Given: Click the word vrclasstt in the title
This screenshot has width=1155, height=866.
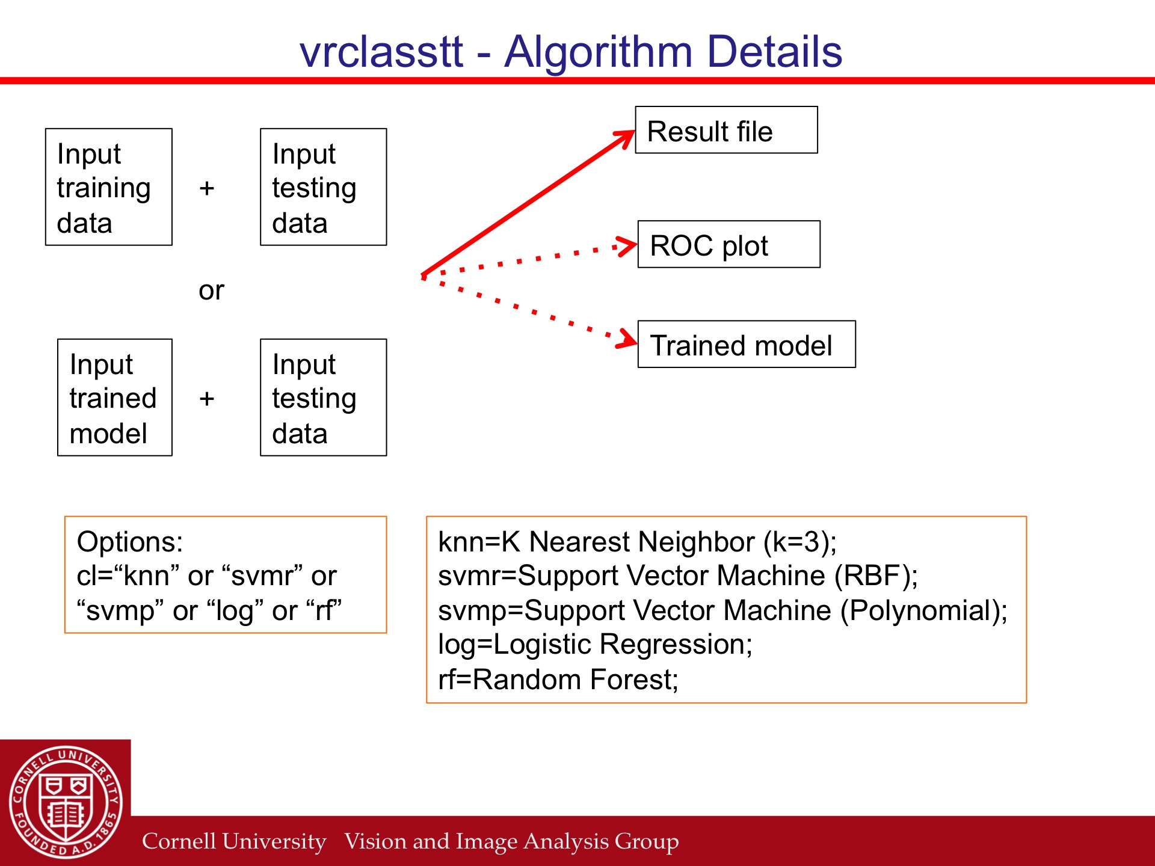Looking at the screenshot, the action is pos(381,52).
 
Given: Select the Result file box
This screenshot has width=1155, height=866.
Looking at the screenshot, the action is pos(726,130).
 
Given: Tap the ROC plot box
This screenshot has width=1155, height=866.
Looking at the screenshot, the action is pos(728,244).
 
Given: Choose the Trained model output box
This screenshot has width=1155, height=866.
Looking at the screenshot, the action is pos(747,344).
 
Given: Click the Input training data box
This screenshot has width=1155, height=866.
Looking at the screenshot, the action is pos(109,187).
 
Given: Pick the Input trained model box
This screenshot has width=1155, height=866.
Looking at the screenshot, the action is pos(115,398).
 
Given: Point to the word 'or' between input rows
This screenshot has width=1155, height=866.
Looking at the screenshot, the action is pos(211,291).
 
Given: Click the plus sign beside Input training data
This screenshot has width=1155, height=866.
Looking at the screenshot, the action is pos(207,188).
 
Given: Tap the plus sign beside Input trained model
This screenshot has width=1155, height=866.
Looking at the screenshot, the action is pos(207,399).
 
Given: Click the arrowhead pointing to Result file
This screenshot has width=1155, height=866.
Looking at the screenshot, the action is pos(626,137).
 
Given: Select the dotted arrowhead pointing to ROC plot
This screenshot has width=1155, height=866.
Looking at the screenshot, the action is pos(627,245).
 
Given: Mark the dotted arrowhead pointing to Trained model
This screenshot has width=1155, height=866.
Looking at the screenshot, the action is pos(627,338).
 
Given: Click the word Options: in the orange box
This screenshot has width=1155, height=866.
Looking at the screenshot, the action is pos(130,542).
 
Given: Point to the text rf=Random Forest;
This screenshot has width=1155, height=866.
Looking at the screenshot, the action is pos(558,680).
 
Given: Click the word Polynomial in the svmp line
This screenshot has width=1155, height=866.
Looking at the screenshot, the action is pos(918,610).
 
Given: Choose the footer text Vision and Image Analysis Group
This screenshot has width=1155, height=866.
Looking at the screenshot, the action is pos(511,841).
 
